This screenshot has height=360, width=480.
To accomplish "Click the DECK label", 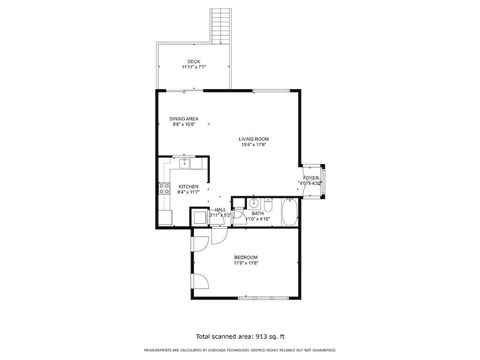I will click(x=193, y=61).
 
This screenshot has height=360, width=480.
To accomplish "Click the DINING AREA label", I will click(x=183, y=119).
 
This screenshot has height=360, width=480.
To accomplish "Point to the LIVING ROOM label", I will click(x=253, y=139).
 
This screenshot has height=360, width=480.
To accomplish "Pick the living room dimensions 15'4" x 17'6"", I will click(x=253, y=145).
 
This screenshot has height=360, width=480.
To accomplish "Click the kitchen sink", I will click(x=185, y=162).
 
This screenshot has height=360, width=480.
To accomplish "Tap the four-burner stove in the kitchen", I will click(x=164, y=189).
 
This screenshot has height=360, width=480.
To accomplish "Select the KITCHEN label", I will click(x=188, y=187).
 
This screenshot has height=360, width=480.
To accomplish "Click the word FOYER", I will click(x=311, y=178).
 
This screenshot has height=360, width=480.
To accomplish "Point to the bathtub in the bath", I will click(x=290, y=212).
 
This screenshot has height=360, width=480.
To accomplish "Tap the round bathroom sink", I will click(x=253, y=204).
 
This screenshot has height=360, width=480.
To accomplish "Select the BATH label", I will click(x=257, y=213).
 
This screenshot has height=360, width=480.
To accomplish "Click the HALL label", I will click(x=221, y=210).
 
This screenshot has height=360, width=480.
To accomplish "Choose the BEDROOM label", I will click(x=246, y=257).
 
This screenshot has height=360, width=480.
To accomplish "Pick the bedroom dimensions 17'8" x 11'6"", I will click(x=246, y=263).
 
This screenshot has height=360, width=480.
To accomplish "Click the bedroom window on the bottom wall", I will click(x=264, y=297).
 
